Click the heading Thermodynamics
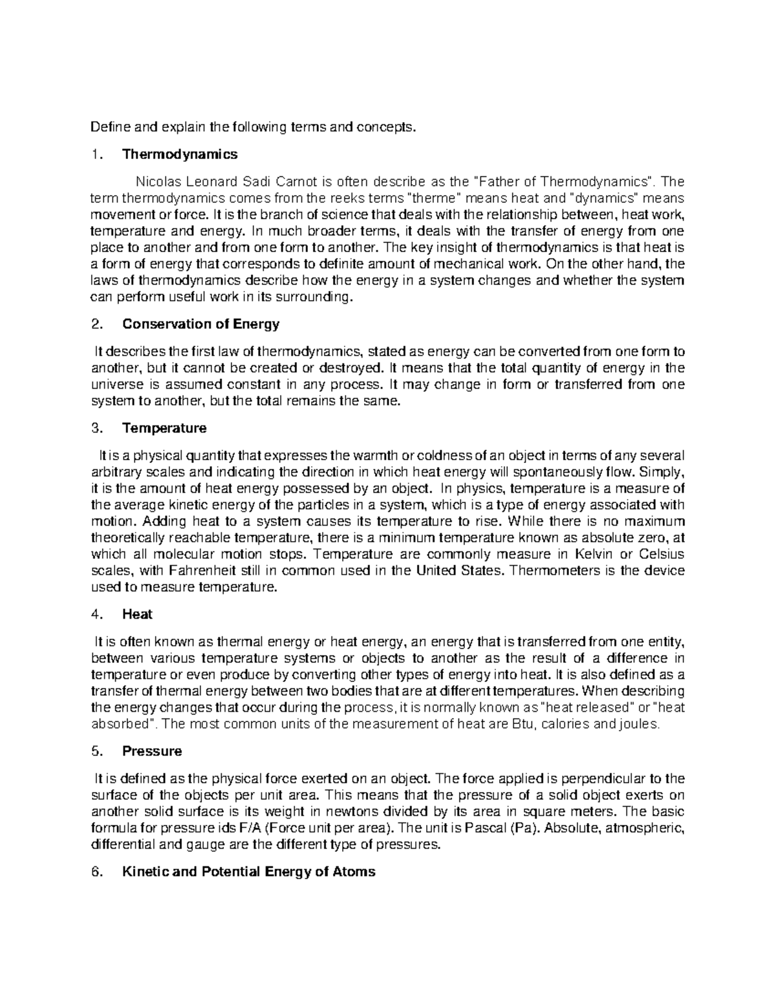pyautogui.click(x=180, y=155)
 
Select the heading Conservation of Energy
pyautogui.click(x=200, y=324)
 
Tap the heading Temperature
pyautogui.click(x=164, y=428)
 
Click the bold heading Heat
pyautogui.click(x=137, y=614)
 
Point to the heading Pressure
pyautogui.click(x=152, y=751)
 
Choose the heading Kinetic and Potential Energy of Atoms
pyautogui.click(x=248, y=871)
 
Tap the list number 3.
pyautogui.click(x=96, y=428)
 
